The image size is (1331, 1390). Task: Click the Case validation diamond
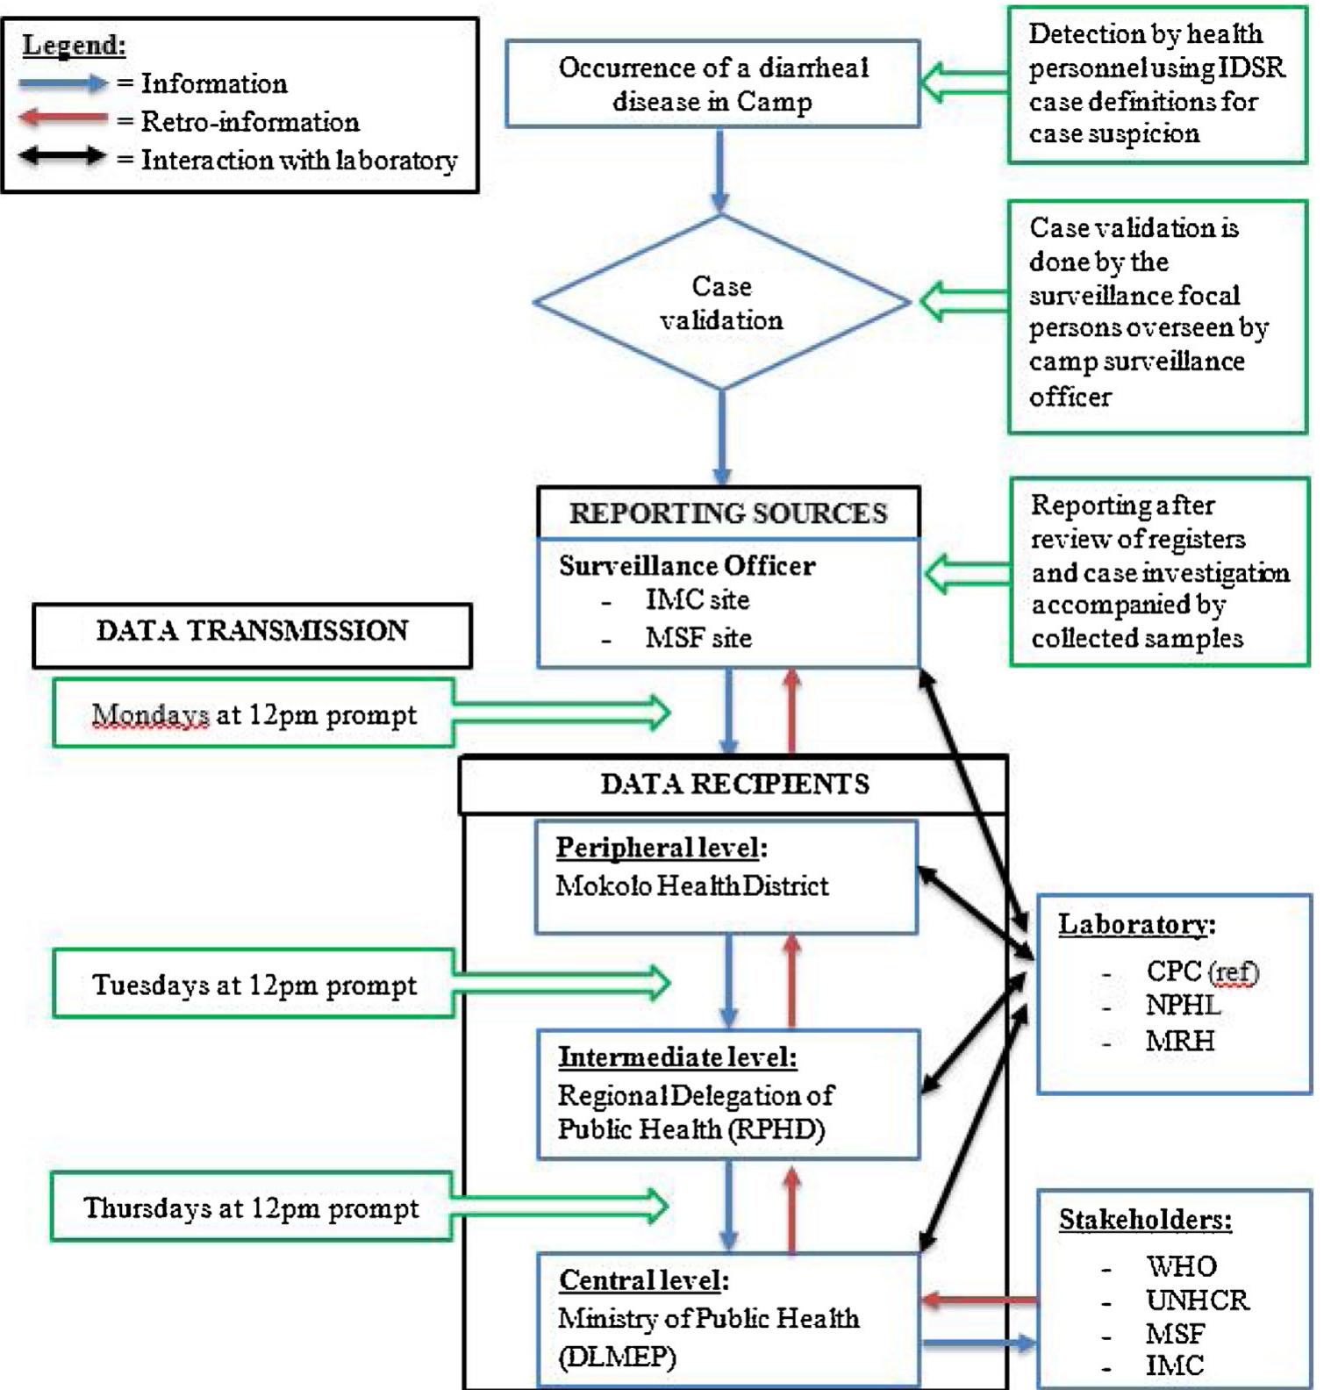tap(721, 303)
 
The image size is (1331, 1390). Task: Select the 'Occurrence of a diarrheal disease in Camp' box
tap(712, 84)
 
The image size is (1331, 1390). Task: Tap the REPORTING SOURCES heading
tap(728, 512)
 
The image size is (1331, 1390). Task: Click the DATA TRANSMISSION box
tap(252, 632)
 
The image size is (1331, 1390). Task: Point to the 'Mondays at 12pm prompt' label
tap(254, 715)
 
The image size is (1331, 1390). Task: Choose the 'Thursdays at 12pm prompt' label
tap(251, 1208)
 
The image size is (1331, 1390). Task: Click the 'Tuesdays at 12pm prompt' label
tap(254, 985)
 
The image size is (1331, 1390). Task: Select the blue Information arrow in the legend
tap(63, 83)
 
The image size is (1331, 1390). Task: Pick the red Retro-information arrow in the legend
tap(63, 118)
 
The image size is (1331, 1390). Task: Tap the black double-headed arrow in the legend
tap(63, 157)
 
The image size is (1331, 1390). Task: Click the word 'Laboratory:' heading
tap(1136, 924)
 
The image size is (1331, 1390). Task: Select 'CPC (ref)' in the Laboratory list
tap(1201, 971)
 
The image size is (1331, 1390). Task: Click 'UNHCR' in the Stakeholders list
tap(1197, 1300)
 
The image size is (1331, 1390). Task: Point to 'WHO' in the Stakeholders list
tap(1181, 1266)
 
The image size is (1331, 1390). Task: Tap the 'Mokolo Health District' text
tap(691, 885)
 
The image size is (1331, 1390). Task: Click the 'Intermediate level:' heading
tap(677, 1057)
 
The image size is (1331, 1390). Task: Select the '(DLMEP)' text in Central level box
tap(617, 1358)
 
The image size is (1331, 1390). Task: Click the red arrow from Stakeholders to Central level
tap(978, 1300)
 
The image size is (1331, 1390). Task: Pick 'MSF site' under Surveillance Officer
tap(698, 638)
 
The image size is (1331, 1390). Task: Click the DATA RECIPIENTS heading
tap(734, 784)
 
